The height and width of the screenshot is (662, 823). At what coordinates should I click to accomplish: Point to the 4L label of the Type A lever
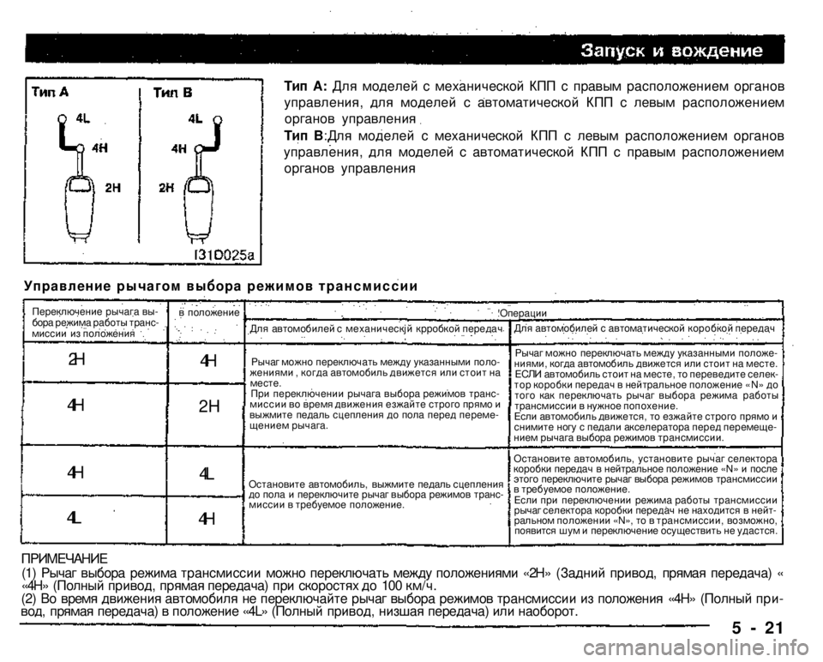click(x=83, y=119)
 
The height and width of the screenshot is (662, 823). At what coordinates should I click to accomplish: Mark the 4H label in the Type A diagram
click(x=99, y=147)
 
